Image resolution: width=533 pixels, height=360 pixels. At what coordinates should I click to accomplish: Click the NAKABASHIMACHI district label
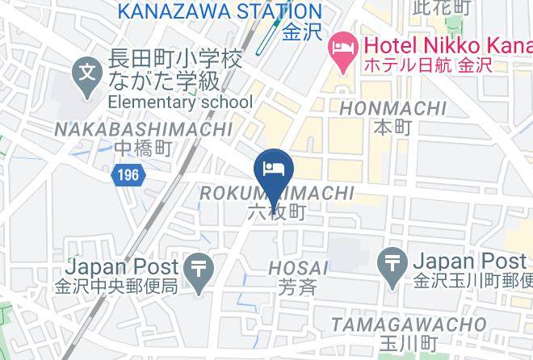click(143, 129)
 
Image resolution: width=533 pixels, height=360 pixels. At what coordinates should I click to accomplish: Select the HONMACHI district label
click(394, 108)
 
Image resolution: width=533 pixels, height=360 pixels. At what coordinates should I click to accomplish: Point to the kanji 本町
click(393, 127)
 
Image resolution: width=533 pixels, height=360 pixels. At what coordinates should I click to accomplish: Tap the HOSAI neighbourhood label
click(299, 267)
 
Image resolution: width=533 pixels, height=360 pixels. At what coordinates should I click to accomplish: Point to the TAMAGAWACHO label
click(409, 324)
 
